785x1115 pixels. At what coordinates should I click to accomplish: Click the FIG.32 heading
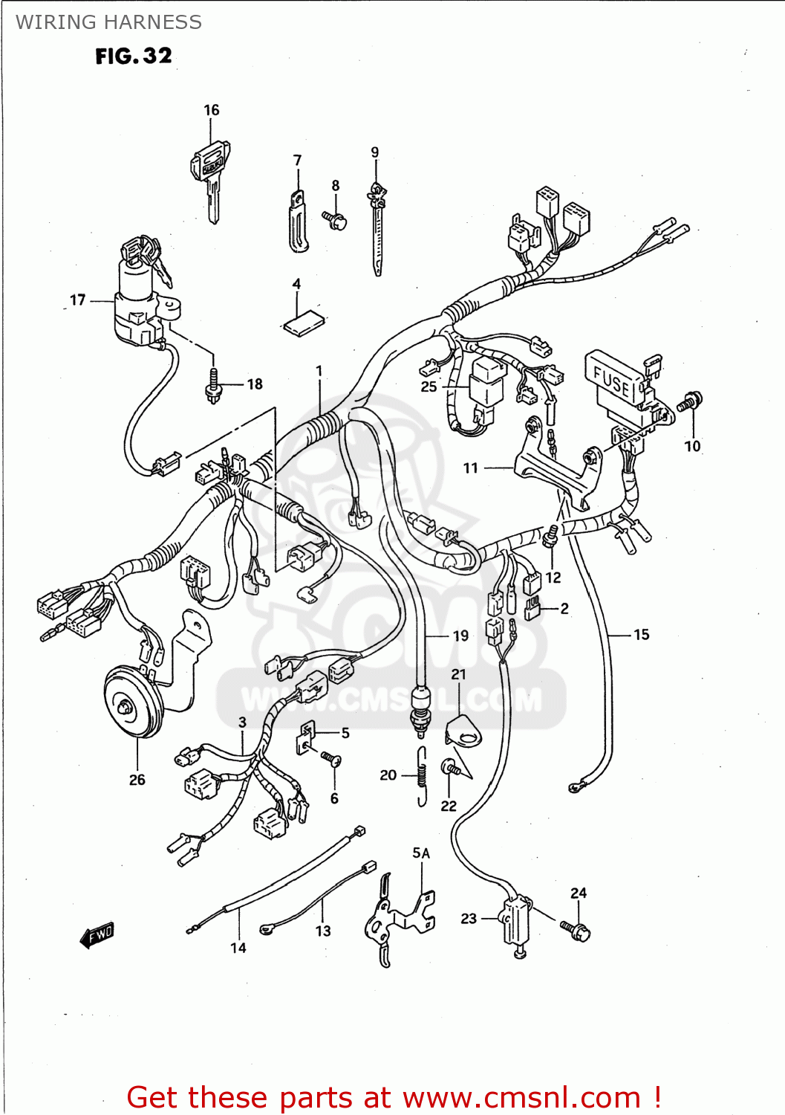click(x=134, y=56)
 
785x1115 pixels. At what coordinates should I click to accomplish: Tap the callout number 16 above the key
click(x=212, y=110)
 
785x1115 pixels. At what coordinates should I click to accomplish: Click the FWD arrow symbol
click(x=97, y=935)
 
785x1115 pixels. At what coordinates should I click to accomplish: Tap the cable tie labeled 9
click(x=377, y=230)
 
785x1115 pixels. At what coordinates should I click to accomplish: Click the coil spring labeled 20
click(x=422, y=775)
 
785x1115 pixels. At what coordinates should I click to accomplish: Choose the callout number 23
click(x=469, y=919)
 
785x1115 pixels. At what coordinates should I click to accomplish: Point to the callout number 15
click(x=641, y=635)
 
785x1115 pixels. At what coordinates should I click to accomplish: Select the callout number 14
click(x=238, y=948)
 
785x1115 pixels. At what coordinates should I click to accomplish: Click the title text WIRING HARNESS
click(x=108, y=22)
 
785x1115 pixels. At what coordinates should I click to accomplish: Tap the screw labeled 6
click(x=331, y=759)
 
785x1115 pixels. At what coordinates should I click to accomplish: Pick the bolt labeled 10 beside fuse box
click(x=690, y=402)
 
